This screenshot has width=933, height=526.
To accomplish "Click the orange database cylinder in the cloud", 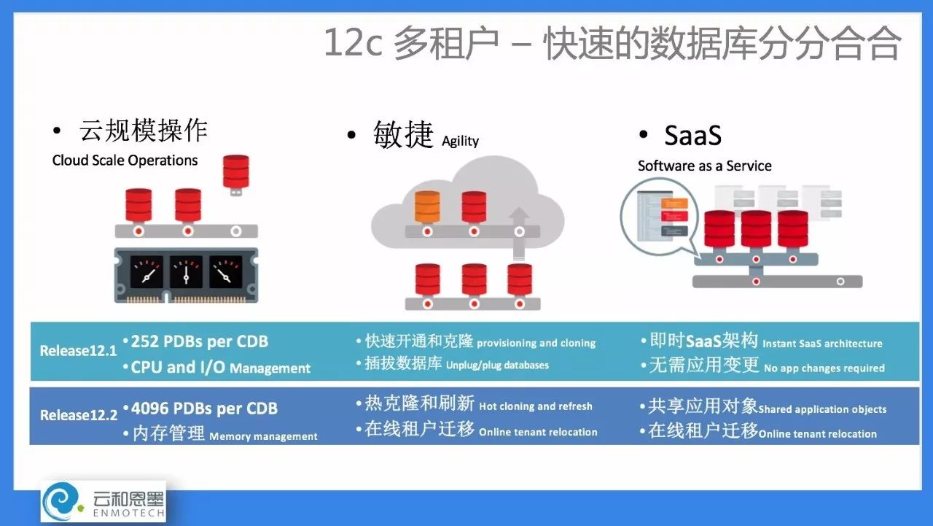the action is [427, 206].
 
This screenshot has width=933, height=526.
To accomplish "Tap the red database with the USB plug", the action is [235, 175].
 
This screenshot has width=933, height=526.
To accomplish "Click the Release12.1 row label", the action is [78, 351].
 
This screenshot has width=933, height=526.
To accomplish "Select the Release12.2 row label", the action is [79, 415].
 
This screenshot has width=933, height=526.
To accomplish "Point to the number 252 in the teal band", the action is [144, 341].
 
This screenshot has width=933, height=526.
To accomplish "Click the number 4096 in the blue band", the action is [149, 409].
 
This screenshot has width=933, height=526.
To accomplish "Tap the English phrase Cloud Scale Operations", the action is [125, 160].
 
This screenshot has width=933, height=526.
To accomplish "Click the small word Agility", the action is [460, 142].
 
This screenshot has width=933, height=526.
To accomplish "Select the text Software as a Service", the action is [705, 166].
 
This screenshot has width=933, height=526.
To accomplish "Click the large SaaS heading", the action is [692, 136].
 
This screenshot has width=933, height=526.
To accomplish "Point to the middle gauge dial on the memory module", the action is [186, 272].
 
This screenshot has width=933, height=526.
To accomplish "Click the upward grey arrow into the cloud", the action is [519, 233].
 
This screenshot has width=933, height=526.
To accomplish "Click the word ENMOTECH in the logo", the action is [129, 513].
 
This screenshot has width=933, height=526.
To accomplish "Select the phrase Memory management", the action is [263, 436].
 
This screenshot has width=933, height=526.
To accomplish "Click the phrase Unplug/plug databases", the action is [497, 366].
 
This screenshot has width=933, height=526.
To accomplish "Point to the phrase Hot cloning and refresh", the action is [536, 406].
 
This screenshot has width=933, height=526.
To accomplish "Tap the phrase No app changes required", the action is [824, 368].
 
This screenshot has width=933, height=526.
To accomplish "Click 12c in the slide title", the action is [353, 42].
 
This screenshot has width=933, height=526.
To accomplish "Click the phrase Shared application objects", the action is [822, 409].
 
